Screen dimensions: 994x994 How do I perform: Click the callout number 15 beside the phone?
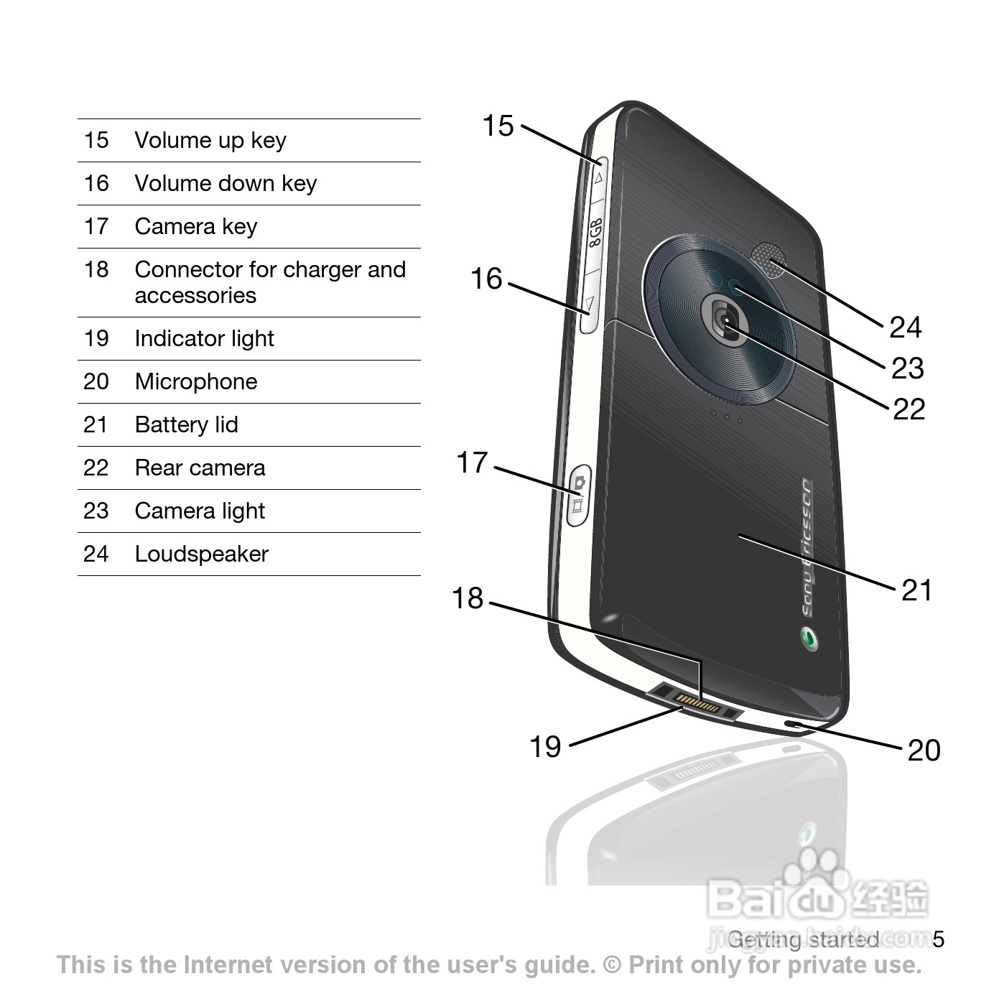[x=498, y=126]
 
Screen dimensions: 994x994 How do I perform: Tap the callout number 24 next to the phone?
[x=905, y=328]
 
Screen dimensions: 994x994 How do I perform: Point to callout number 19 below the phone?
[x=545, y=747]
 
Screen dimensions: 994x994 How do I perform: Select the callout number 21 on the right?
[x=916, y=590]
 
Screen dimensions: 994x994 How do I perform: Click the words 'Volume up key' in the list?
[x=210, y=140]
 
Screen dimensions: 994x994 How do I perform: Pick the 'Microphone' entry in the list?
[x=195, y=381]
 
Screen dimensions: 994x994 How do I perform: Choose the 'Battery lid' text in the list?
[x=186, y=424]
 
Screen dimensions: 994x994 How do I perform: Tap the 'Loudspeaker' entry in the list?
[x=201, y=554]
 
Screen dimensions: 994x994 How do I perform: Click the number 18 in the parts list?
[x=96, y=269]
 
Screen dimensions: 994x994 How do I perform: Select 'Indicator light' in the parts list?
[x=204, y=338]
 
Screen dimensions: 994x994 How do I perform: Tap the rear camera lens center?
[x=728, y=320]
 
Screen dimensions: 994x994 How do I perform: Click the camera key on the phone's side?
[x=578, y=496]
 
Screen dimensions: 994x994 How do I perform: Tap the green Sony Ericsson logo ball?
[x=809, y=638]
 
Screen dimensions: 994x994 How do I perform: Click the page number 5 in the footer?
[x=938, y=939]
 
